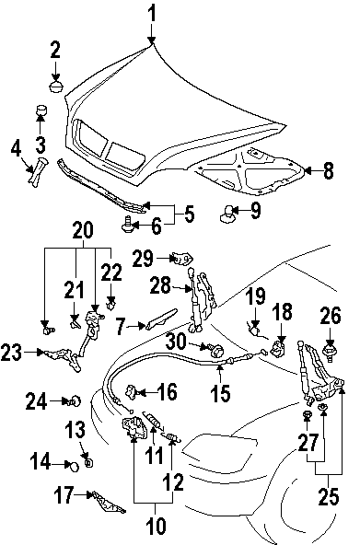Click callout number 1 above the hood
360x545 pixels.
point(152,15)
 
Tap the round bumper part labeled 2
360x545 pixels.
point(55,87)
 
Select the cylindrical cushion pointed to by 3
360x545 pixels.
point(41,110)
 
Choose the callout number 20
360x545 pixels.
point(84,230)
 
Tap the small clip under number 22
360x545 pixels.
point(110,307)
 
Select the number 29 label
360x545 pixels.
point(143,259)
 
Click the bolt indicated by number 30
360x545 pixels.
point(216,349)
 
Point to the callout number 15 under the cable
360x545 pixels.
point(220,393)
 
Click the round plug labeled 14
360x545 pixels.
point(74,466)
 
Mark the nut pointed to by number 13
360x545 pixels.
point(89,463)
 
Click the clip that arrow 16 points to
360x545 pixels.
point(132,391)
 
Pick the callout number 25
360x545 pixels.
point(329,496)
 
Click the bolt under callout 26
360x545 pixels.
point(330,352)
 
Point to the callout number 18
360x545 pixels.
point(282,311)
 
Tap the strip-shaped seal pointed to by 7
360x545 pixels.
point(161,319)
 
